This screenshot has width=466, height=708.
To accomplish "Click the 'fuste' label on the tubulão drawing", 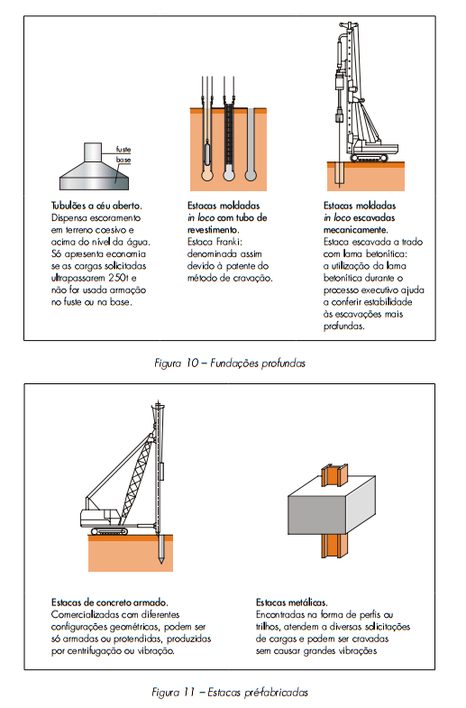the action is coord(123,150).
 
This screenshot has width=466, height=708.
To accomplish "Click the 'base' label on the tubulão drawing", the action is coord(123,160).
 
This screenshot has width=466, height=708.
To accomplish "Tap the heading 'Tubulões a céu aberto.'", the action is coord(96,206).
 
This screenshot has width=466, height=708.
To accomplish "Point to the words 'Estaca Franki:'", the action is coord(215,242).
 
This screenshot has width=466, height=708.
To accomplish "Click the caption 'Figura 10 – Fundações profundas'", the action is coord(230,363).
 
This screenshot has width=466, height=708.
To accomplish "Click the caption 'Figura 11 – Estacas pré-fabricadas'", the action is coord(230,692).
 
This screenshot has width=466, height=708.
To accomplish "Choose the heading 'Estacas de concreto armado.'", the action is coord(110,602).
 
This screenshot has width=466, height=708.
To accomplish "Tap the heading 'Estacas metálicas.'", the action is coord(292,602).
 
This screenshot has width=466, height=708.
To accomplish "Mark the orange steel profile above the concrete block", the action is coord(334,474).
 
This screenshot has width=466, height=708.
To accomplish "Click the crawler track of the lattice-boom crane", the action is coord(109,531).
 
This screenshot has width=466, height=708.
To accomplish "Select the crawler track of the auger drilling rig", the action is coord(369,158).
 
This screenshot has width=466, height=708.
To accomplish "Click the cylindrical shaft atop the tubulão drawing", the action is coord(93,152).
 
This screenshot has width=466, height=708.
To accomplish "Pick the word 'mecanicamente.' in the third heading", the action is coord(355,230).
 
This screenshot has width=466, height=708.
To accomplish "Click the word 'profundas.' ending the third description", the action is coord(343,326).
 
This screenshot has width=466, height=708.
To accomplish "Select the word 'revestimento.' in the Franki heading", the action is coord(214,230).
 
